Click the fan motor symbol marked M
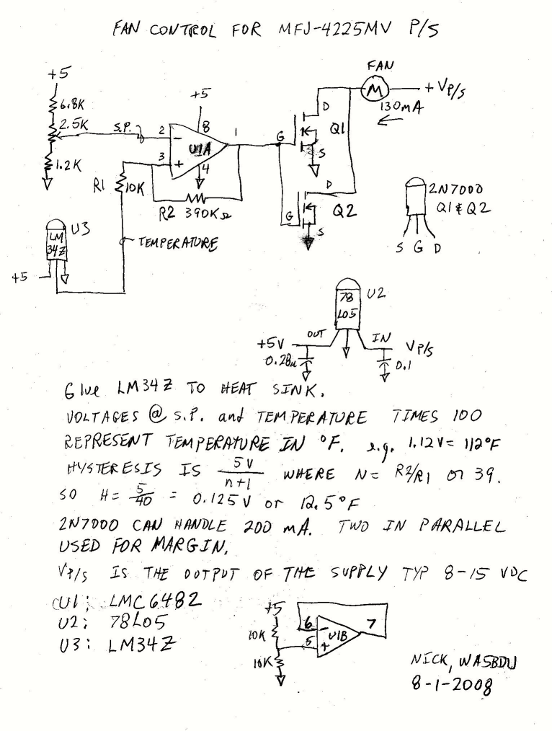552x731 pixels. pyautogui.click(x=375, y=90)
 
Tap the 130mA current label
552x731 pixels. pyautogui.click(x=400, y=108)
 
